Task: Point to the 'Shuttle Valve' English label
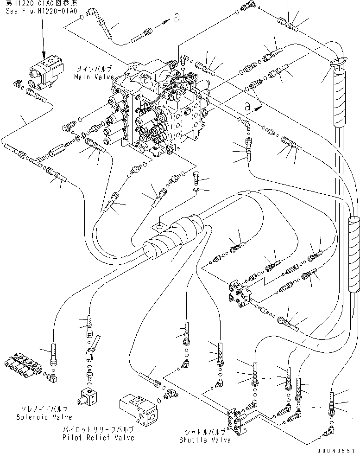coord(199,440)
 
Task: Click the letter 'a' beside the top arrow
coord(176,18)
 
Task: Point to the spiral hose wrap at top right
coord(341,97)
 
